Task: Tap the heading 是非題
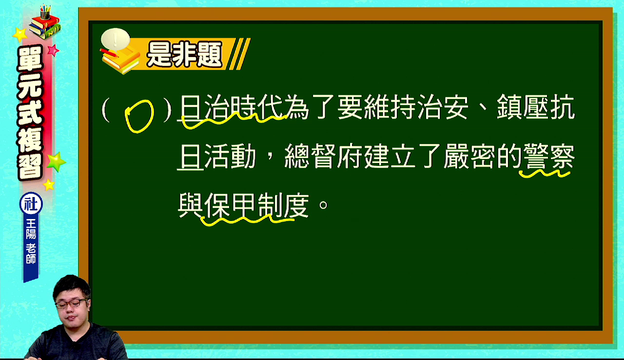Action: (184, 54)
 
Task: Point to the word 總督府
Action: (323, 156)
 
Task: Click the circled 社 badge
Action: (31, 204)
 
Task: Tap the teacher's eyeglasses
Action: (72, 303)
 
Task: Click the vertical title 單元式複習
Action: (30, 112)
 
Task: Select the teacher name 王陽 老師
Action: (31, 241)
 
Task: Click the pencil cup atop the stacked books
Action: (45, 12)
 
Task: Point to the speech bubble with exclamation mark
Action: (116, 39)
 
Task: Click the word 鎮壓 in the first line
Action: (522, 107)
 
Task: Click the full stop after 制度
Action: (323, 205)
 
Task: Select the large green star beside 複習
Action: (56, 161)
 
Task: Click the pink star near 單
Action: (53, 50)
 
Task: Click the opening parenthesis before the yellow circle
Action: (106, 109)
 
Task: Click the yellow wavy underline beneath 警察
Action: (545, 174)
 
